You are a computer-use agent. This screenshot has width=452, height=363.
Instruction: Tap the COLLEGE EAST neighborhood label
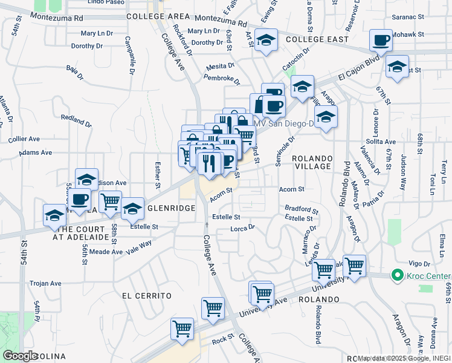[317, 39]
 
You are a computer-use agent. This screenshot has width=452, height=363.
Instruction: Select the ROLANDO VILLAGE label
[311, 162]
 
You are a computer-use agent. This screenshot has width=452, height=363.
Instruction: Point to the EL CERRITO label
[147, 296]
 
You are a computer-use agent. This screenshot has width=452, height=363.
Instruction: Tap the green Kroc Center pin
[397, 275]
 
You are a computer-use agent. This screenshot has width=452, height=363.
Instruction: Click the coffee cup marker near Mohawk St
[381, 41]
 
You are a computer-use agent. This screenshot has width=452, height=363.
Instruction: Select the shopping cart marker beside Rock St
[182, 329]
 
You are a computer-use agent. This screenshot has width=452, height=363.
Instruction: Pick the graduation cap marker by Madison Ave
[86, 180]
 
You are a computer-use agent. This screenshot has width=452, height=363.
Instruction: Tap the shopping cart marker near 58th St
[110, 201]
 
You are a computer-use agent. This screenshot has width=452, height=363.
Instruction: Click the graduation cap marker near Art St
[266, 41]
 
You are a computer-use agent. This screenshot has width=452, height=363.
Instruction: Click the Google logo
[21, 356]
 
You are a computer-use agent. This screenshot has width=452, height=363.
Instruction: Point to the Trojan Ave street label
[47, 283]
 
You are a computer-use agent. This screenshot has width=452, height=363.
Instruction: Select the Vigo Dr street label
[418, 264]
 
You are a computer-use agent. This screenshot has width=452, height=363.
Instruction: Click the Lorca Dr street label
[244, 229]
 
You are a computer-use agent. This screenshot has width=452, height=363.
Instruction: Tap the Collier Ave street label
[24, 139]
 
